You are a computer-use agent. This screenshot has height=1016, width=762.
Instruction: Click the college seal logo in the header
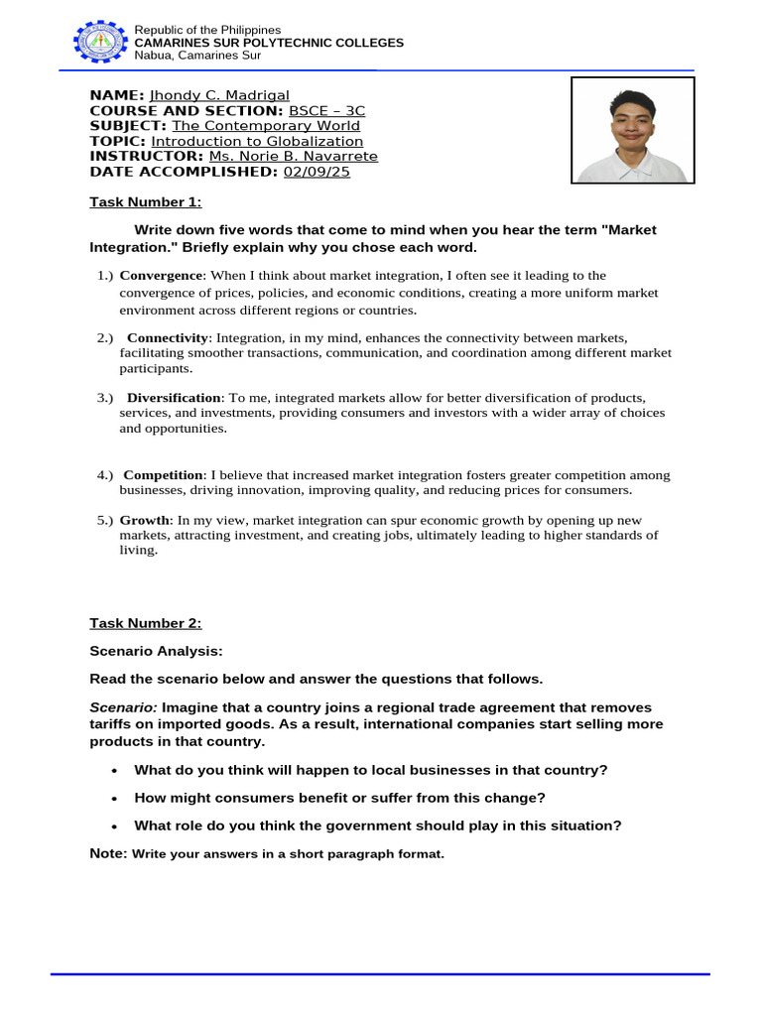point(101,42)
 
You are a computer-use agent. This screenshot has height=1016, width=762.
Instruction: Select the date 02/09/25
point(317,172)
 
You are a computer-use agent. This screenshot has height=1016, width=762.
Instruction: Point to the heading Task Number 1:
point(146,202)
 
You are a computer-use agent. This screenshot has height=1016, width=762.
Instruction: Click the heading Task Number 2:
point(146,623)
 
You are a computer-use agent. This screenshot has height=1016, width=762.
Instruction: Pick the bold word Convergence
point(163,275)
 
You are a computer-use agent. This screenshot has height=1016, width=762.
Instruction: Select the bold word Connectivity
point(168,338)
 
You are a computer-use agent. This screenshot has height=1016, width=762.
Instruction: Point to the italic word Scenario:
point(123,708)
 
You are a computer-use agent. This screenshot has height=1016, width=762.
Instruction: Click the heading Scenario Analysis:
point(157,651)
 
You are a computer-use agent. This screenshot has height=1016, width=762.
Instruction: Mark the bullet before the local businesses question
point(116,771)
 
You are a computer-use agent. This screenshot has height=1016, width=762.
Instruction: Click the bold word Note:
point(108,853)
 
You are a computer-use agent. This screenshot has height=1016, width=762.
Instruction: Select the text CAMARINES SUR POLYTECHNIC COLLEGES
point(269,43)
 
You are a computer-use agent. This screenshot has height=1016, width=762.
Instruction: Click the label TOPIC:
point(118,141)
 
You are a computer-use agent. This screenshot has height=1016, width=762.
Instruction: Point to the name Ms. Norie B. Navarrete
point(293,156)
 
